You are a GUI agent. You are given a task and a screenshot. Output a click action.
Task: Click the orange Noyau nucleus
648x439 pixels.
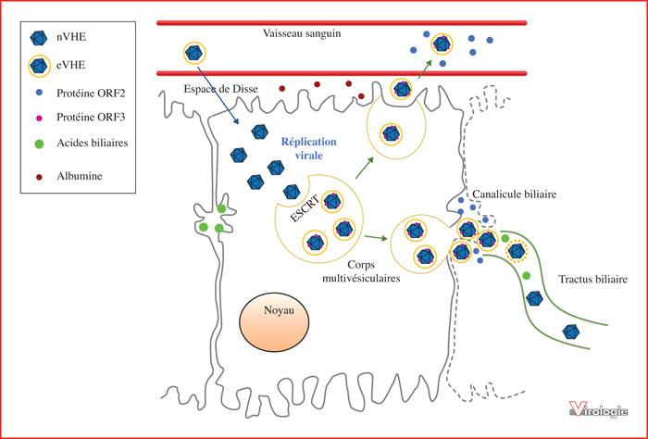pos(274,322)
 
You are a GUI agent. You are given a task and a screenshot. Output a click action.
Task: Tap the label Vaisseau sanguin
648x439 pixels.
pos(302,33)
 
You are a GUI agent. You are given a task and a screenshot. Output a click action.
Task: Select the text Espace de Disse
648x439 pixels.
pos(220,89)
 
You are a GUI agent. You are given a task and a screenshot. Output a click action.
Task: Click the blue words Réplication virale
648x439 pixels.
pos(308,148)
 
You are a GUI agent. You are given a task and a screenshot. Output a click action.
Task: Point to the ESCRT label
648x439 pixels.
pos(305,208)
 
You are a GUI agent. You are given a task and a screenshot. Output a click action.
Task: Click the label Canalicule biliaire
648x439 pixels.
pos(515,194)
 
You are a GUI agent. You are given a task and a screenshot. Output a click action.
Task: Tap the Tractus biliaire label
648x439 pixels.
pos(593,280)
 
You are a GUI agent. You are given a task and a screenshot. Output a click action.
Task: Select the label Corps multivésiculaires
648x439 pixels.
pos(361,271)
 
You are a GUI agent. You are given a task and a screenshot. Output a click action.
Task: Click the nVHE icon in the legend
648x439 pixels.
pos(39,38)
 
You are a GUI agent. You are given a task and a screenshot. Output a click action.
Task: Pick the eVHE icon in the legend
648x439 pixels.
pos(39,66)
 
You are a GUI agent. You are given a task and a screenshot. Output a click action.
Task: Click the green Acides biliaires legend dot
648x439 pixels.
pos(39,144)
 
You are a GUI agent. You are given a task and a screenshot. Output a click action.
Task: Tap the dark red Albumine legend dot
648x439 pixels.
pos(39,177)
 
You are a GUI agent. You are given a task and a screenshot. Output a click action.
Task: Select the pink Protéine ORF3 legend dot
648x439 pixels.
pos(39,119)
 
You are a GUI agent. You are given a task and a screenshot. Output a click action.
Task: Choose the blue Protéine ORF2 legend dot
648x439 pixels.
pos(39,94)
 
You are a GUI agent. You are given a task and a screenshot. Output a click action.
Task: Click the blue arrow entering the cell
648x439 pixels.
pos(218,95)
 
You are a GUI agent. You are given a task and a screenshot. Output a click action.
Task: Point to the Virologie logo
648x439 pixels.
pos(598,409)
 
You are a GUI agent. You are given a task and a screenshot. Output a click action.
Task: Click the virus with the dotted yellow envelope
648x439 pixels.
pos(517,251)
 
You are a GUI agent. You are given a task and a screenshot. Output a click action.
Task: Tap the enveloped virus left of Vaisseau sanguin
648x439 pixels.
pos(194,54)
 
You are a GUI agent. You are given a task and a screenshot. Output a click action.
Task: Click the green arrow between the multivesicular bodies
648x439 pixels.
pos(376,238)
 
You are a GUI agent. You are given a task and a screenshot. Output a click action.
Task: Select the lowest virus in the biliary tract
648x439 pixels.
pos(571,332)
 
